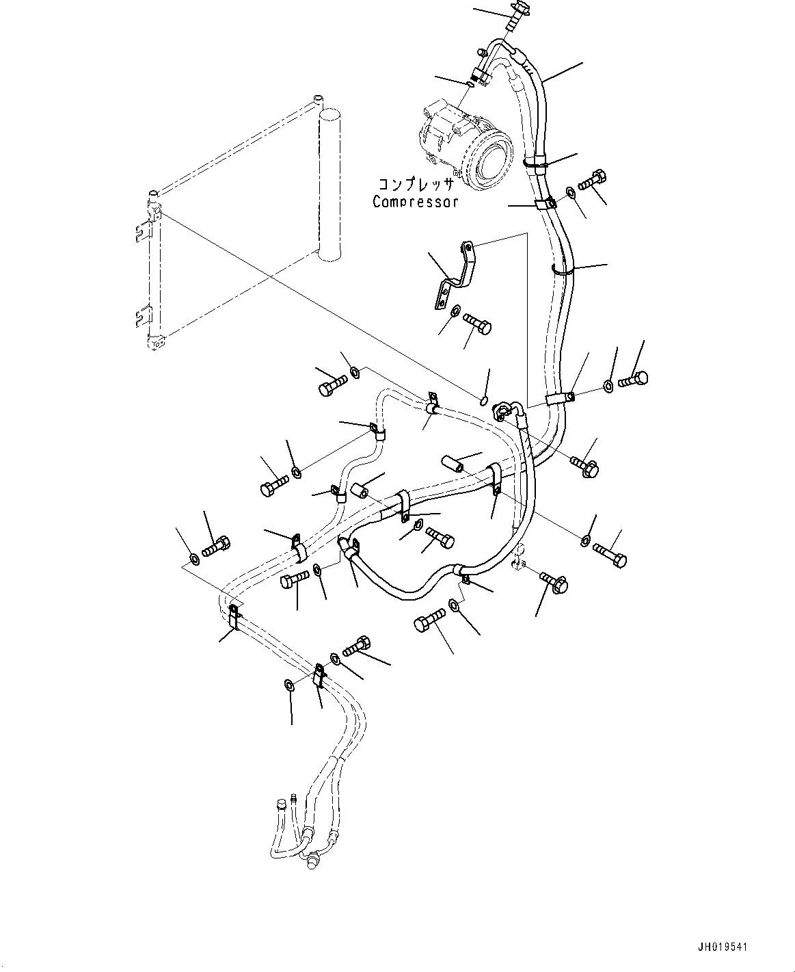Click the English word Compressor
[415, 202]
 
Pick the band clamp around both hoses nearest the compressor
[535, 163]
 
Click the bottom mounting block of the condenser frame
[157, 343]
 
